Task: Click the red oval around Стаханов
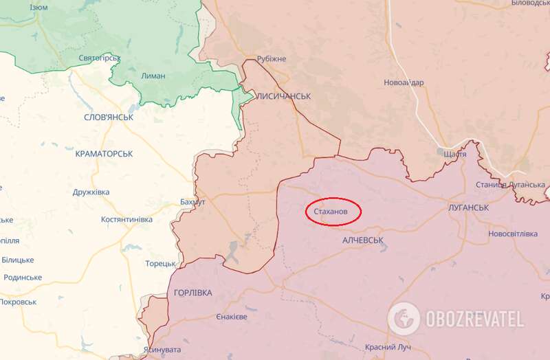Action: coord(333,212)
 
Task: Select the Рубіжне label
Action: coord(271,60)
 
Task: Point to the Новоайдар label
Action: coord(404,82)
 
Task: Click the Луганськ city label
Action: coord(467,207)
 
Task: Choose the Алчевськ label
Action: coord(362,240)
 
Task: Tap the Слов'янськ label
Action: coord(108,117)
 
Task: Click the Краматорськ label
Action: coord(104,154)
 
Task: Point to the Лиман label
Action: coord(153,76)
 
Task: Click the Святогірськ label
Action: coord(100,58)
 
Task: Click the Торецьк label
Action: coord(161,263)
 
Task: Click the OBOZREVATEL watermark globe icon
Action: coord(404,319)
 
